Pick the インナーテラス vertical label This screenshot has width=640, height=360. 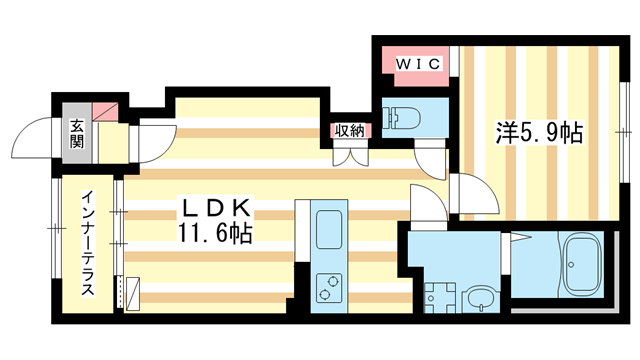pyautogui.click(x=88, y=243)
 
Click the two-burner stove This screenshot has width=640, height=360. pyautogui.click(x=328, y=289)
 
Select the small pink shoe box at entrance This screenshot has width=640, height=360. pyautogui.click(x=106, y=111)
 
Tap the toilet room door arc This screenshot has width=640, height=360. pyautogui.click(x=429, y=154)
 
